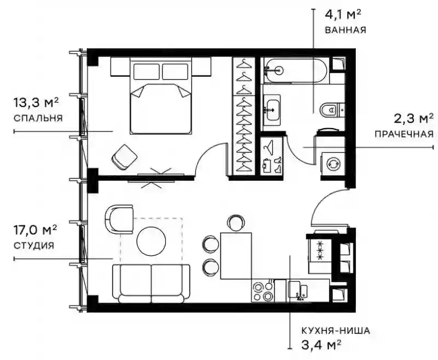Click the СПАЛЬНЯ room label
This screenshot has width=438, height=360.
pyautogui.click(x=38, y=118)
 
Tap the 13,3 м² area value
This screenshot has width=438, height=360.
pyautogui.click(x=36, y=102)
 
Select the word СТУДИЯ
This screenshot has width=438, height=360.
pyautogui.click(x=33, y=245)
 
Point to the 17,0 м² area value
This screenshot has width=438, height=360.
pyautogui.click(x=36, y=230)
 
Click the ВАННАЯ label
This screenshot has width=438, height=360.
pyautogui.click(x=345, y=30)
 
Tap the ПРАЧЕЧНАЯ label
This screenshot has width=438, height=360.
pyautogui.click(x=404, y=134)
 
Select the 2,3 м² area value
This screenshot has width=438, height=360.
pyautogui.click(x=414, y=118)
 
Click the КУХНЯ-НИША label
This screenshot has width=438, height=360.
pyautogui.click(x=336, y=331)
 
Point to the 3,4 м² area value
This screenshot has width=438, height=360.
pyautogui.click(x=321, y=345)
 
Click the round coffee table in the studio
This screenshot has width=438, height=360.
pyautogui.click(x=151, y=241)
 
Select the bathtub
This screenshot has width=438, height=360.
pyautogui.click(x=295, y=70)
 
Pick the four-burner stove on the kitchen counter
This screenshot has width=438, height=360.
pyautogui.click(x=263, y=291)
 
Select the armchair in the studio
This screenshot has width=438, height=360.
pyautogui.click(x=119, y=219)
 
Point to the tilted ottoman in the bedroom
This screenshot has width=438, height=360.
pyautogui.click(x=124, y=157)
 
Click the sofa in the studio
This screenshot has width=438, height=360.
pyautogui.click(x=151, y=284)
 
